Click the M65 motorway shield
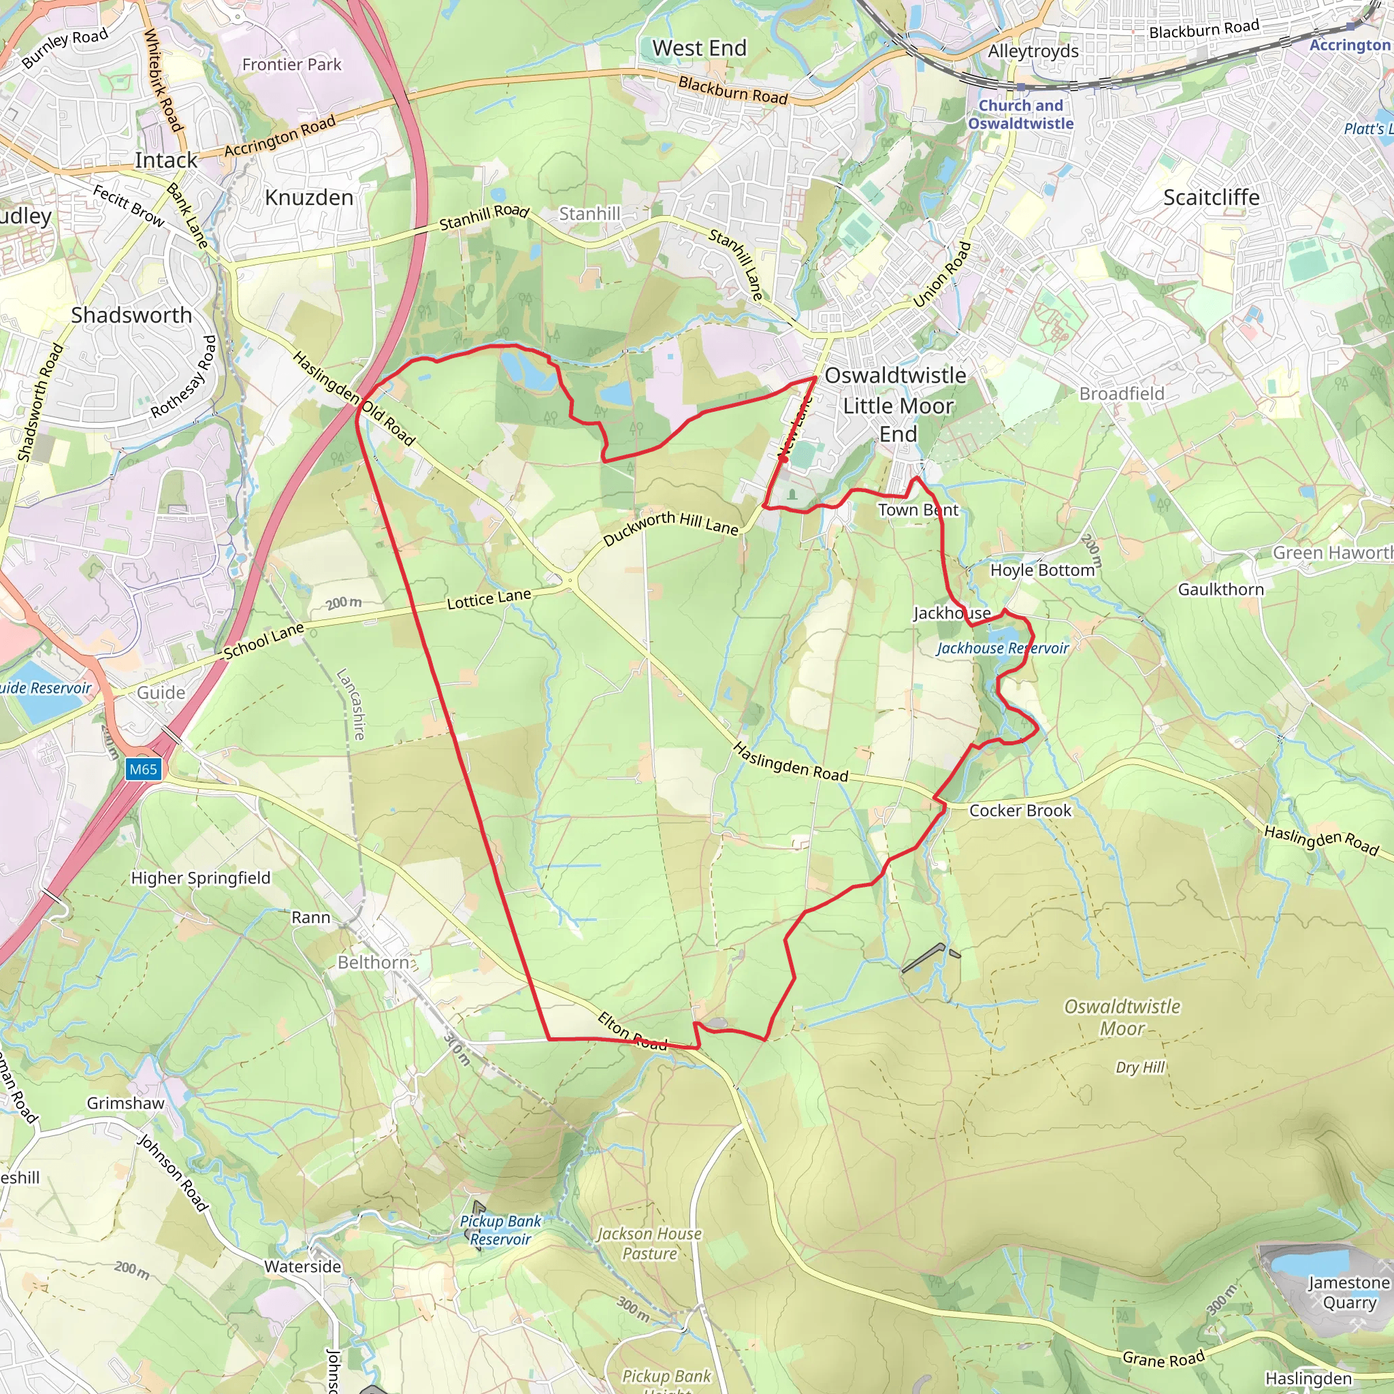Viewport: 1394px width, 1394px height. [x=143, y=769]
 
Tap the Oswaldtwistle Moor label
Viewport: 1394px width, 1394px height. [x=1122, y=1017]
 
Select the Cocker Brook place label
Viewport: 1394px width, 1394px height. [x=1020, y=810]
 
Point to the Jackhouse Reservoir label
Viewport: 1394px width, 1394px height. [x=1002, y=648]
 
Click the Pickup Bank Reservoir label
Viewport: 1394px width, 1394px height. [x=500, y=1229]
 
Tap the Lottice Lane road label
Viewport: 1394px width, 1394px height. [x=489, y=599]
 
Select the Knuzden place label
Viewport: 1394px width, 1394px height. [x=309, y=197]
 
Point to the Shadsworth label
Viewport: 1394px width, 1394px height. [x=131, y=315]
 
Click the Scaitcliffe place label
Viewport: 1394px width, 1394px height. [x=1211, y=197]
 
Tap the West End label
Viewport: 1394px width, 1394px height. [x=699, y=48]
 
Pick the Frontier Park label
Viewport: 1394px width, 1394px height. [x=291, y=65]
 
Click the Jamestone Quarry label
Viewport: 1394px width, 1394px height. [x=1348, y=1293]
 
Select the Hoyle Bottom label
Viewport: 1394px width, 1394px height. [x=1042, y=570]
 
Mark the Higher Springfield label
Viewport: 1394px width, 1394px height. [x=201, y=878]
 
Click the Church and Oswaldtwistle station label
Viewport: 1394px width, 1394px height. [x=1020, y=114]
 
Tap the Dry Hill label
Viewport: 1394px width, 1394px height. [x=1139, y=1067]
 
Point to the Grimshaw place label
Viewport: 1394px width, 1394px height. [x=125, y=1103]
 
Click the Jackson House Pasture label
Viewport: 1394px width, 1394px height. [x=649, y=1244]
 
